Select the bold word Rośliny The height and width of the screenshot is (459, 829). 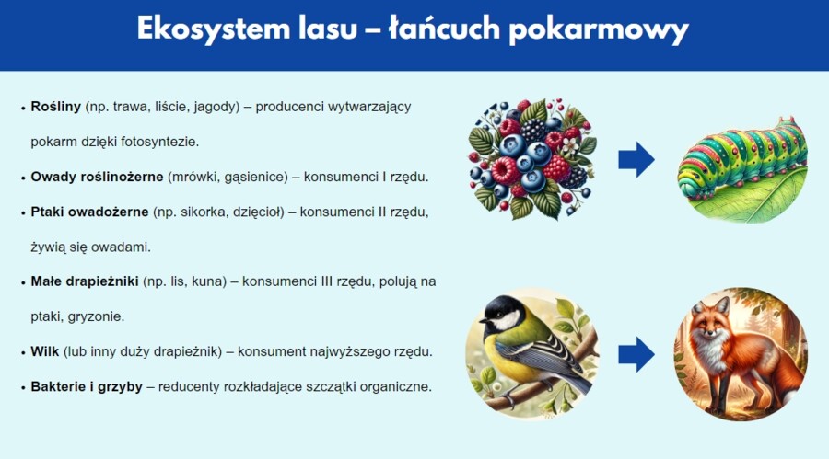click(x=55, y=107)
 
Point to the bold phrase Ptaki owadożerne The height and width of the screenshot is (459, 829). click(x=89, y=212)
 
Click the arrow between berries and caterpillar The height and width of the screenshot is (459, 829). click(x=636, y=159)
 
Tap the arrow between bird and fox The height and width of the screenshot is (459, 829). click(x=636, y=354)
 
